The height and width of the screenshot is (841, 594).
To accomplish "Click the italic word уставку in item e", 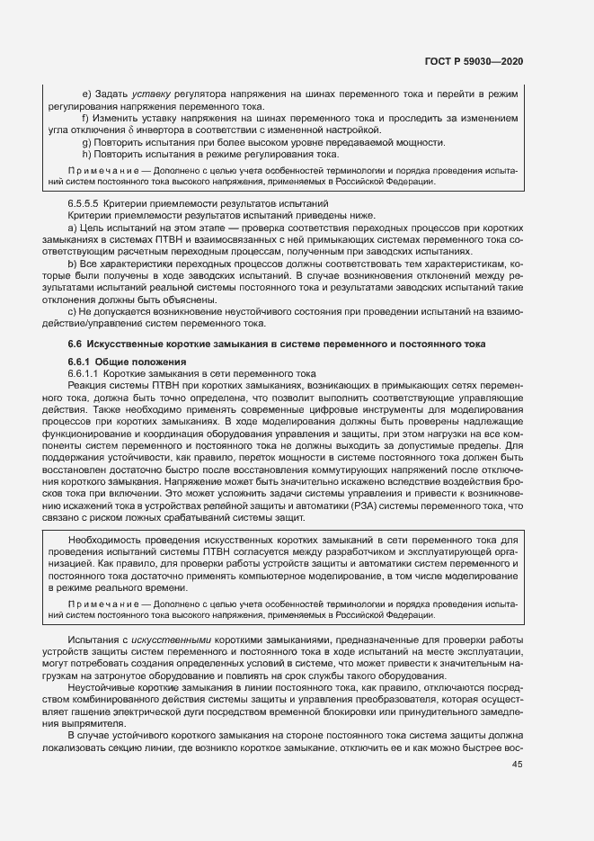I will pyautogui.click(x=149, y=94).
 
